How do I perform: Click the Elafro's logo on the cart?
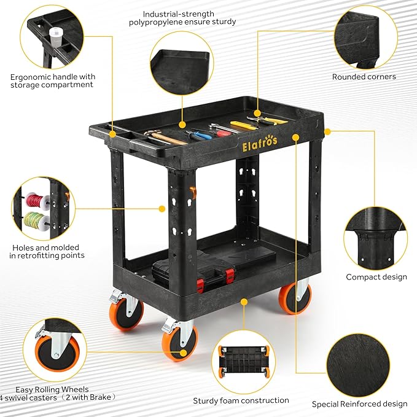tap(260, 144)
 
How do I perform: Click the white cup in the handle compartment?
tap(56, 37)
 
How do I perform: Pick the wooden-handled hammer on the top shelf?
tap(165, 138)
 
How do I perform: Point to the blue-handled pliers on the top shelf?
tap(199, 134)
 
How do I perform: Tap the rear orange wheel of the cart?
tap(295, 298)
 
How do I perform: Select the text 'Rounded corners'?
tap(364, 77)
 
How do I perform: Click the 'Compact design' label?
tap(376, 277)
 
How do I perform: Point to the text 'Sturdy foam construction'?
tap(241, 400)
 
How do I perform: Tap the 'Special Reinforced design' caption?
tap(359, 404)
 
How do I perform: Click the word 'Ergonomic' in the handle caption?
tap(30, 77)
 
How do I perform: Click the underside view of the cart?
tap(243, 361)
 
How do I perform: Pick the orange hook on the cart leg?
tap(194, 193)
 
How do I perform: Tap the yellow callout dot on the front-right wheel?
tap(183, 353)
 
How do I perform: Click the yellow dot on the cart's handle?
tap(113, 134)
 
